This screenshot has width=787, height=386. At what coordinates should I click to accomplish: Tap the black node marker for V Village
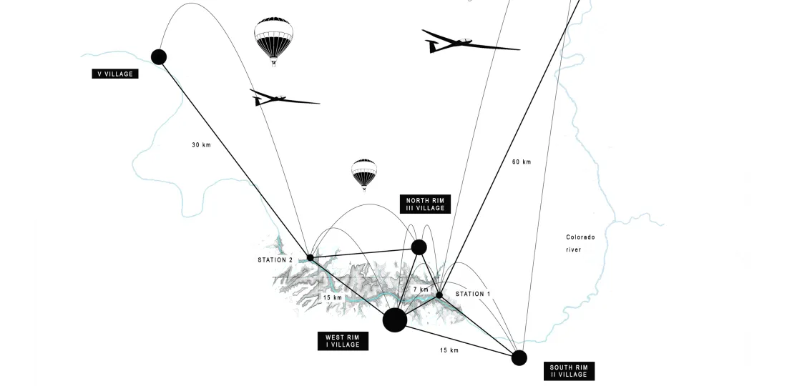pyautogui.click(x=159, y=56)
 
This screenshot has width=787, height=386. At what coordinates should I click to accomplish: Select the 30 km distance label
pyautogui.click(x=201, y=145)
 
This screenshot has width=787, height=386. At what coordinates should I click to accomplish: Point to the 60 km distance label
pyautogui.click(x=522, y=162)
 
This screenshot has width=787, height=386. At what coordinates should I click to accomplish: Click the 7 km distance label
pyautogui.click(x=420, y=289)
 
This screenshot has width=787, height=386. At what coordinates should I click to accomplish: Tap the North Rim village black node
pyautogui.click(x=419, y=247)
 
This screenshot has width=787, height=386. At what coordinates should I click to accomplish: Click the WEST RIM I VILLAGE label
pyautogui.click(x=343, y=340)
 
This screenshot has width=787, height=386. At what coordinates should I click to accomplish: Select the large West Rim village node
pyautogui.click(x=395, y=320)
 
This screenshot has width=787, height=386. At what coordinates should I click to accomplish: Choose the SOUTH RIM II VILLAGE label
pyautogui.click(x=569, y=370)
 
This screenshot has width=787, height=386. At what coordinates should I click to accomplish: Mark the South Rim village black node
pyautogui.click(x=519, y=357)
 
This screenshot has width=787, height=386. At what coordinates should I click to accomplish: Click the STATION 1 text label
pyautogui.click(x=473, y=294)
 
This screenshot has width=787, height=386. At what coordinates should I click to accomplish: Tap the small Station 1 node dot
pyautogui.click(x=439, y=295)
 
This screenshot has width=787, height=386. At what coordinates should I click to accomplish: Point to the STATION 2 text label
pyautogui.click(x=275, y=259)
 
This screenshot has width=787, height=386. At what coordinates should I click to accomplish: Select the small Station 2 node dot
pyautogui.click(x=310, y=257)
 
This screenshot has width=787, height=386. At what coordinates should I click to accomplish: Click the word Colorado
pyautogui.click(x=580, y=237)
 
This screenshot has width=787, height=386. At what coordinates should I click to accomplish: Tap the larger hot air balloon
pyautogui.click(x=274, y=40)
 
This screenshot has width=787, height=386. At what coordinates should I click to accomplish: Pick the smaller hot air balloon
pyautogui.click(x=363, y=174)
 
